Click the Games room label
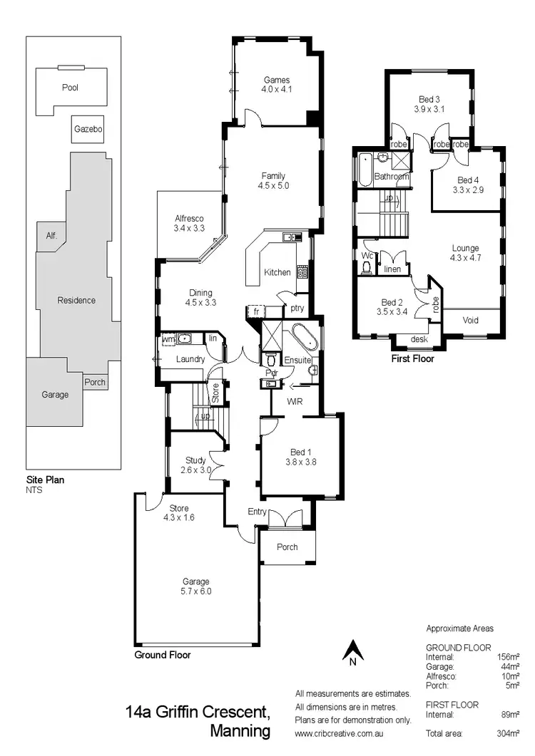pos(277,80)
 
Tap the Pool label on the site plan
pos(70,88)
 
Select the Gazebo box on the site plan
pos(88,130)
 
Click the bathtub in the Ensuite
pos(297,334)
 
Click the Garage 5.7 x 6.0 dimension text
pos(195,591)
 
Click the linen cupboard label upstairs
pos(392,269)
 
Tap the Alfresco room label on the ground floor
pos(190,219)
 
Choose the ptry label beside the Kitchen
pos(296,308)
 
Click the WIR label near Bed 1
pos(295,402)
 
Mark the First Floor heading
pos(413,359)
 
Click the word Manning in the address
pos(240,730)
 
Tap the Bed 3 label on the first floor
pos(429,99)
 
